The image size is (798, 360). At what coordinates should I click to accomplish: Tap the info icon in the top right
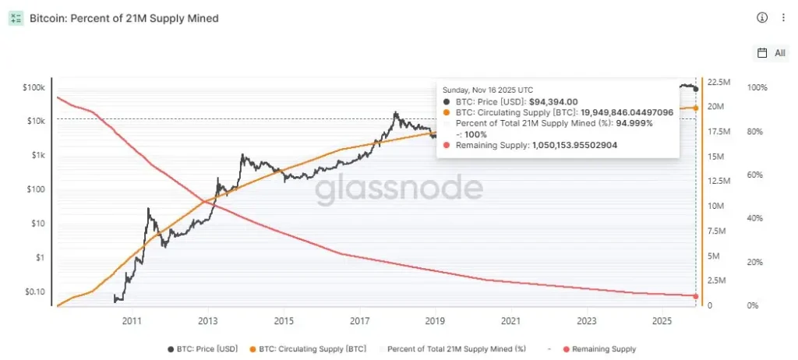762,18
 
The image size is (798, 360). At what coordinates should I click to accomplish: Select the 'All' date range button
772,53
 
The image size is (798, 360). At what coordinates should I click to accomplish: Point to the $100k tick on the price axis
34,88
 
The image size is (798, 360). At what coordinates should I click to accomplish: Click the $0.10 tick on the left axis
35,291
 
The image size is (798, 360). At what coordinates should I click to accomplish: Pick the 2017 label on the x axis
359,320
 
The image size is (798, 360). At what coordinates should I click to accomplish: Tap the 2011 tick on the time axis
131,320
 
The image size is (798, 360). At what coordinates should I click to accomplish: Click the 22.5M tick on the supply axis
719,82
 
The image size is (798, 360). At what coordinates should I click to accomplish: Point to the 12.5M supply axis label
719,181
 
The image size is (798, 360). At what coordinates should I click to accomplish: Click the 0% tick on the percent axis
753,305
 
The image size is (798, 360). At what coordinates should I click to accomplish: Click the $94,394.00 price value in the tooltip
553,101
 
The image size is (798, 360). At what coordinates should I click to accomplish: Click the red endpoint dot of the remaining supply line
695,296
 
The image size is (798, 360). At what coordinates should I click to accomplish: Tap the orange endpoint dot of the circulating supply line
695,108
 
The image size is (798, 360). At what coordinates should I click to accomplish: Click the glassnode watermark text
399,189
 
